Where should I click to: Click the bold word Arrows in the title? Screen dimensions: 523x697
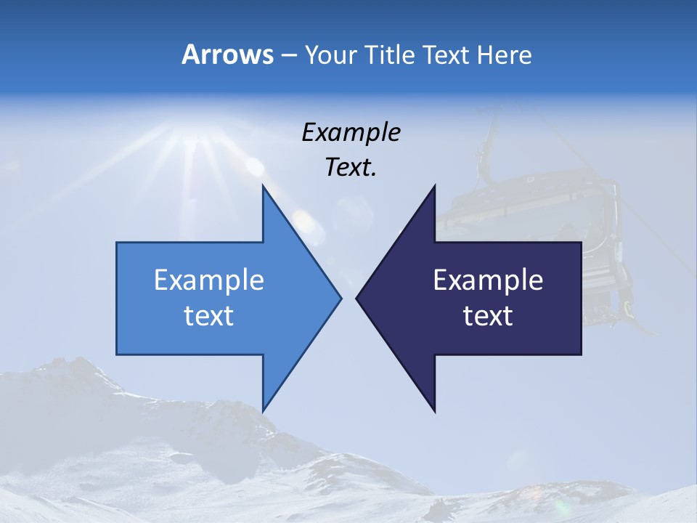pos(227,55)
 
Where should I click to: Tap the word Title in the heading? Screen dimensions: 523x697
pos(392,55)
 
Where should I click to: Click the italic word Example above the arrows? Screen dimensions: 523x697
pos(351,133)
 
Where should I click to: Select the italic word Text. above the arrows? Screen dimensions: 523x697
pos(351,168)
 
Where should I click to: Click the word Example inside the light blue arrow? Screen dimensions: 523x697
pos(208,280)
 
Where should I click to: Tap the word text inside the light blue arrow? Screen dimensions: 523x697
pos(208,316)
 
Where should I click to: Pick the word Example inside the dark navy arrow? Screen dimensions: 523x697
pos(488,280)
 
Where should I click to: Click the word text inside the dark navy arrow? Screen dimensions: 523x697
pos(488,316)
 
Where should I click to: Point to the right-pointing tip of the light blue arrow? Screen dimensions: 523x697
pos(340,297)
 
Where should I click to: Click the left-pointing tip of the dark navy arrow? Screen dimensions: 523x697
pos(358,297)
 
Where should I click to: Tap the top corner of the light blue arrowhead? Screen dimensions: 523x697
pos(264,187)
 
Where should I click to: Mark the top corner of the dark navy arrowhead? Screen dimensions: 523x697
pos(434,187)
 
